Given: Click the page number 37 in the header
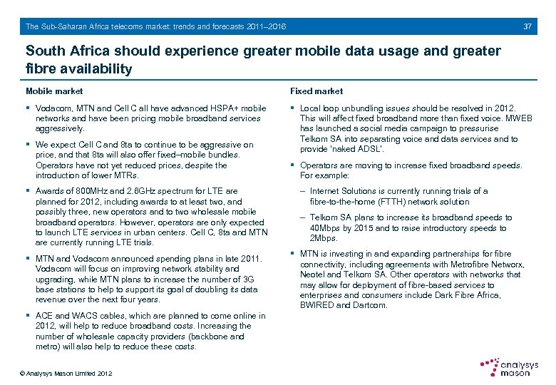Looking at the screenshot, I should tap(527, 26).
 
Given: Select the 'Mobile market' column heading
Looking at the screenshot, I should tap(54, 91).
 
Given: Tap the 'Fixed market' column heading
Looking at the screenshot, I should tap(316, 91).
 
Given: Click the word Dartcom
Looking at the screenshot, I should tap(371, 305).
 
